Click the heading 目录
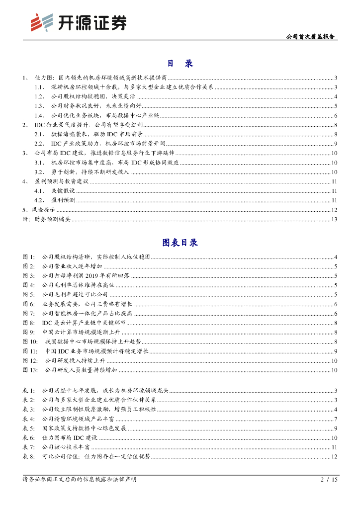click(x=180, y=64)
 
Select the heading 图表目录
click(x=180, y=243)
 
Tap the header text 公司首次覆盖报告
click(x=312, y=37)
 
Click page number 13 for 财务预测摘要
click(x=335, y=219)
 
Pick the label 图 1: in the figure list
click(x=29, y=257)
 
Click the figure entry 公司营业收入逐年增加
click(x=72, y=266)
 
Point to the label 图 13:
click(x=30, y=370)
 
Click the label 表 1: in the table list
click(x=29, y=390)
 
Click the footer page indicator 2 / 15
click(x=329, y=480)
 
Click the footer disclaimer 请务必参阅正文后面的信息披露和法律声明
click(x=80, y=480)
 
